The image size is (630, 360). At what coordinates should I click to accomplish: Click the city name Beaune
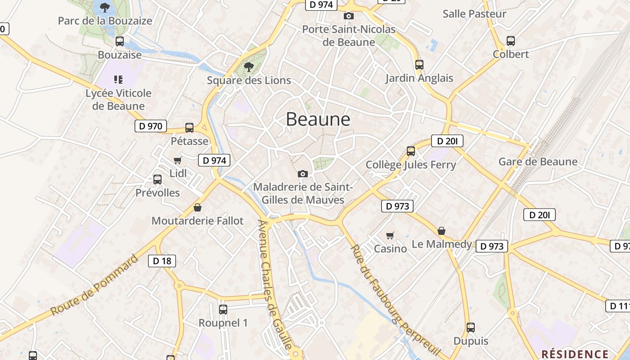318,119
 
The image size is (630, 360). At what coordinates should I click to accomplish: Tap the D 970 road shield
151,126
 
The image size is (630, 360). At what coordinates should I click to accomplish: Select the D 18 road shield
162,261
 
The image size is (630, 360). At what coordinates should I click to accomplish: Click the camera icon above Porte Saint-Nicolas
348,16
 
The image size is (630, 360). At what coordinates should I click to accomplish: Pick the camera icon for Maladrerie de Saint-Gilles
303,174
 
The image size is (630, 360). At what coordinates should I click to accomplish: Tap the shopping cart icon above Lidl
178,161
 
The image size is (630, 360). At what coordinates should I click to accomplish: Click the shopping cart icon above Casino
390,235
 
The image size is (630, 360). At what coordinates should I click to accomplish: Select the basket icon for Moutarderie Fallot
197,207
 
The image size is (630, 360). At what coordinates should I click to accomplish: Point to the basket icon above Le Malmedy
441,231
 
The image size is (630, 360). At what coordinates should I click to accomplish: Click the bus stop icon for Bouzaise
120,41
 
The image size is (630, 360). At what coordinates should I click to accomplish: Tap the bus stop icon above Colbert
511,41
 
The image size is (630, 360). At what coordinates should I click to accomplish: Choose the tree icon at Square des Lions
248,67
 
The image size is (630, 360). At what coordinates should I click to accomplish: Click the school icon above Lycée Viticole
118,80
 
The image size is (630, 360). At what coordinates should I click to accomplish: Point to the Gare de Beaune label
538,162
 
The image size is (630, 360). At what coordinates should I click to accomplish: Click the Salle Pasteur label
474,14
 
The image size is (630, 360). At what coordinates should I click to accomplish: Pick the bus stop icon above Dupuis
471,328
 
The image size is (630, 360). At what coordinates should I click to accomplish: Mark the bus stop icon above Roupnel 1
223,310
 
